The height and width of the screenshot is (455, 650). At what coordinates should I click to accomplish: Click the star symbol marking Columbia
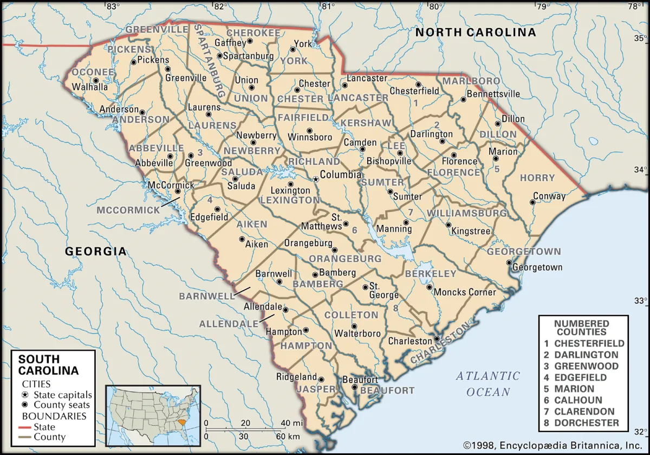point(316,179)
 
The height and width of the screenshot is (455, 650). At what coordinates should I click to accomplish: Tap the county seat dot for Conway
point(532,202)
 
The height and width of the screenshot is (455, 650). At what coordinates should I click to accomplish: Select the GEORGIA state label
point(96,251)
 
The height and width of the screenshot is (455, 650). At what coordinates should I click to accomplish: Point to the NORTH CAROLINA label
point(476,33)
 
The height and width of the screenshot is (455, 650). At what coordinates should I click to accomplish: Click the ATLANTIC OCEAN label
point(487,383)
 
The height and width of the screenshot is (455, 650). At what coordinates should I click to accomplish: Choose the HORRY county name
point(537,177)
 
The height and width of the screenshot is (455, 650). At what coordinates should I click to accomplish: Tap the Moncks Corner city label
point(465,292)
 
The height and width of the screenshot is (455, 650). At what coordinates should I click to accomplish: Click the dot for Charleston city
point(437,339)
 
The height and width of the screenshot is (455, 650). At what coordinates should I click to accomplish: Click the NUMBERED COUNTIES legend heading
point(583,327)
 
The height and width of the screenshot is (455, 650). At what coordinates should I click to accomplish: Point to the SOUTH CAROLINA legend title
point(49,365)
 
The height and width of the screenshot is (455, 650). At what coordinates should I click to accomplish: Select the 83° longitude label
point(112,7)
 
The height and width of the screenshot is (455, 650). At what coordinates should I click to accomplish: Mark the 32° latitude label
point(641,432)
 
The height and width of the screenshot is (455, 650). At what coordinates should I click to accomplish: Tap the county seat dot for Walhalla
point(96,81)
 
